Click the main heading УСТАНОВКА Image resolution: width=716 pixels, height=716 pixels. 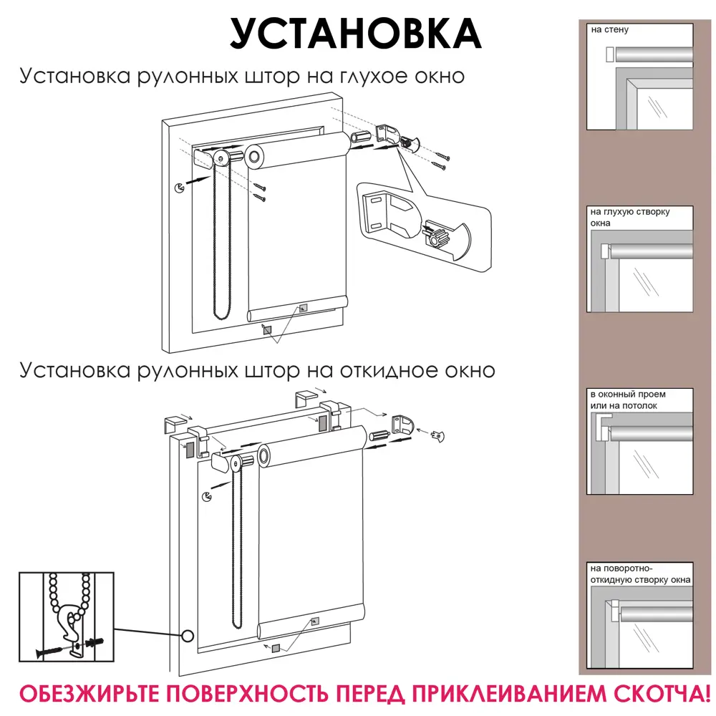point(356,32)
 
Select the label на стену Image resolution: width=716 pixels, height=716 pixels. point(609,31)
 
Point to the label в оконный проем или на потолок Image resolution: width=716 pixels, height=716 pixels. point(623,400)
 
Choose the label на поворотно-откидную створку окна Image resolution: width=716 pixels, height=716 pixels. point(639,574)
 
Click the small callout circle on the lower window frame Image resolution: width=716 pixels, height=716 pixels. point(189,635)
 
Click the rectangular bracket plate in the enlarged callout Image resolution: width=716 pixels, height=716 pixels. point(378,213)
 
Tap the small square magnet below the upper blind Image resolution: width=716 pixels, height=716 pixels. point(267,330)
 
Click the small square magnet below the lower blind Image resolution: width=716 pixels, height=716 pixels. point(276,649)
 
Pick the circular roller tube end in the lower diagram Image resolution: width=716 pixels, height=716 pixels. point(267,455)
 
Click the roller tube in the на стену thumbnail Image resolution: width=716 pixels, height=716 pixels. point(654,55)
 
